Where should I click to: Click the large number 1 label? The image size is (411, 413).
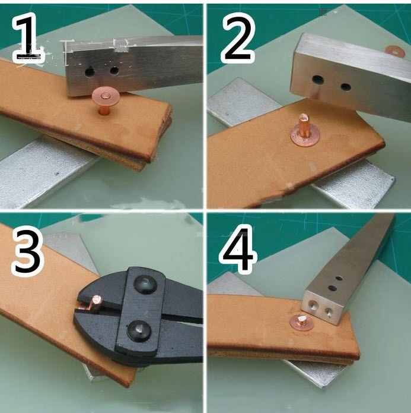[28, 37]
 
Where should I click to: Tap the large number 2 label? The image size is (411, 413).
[238, 37]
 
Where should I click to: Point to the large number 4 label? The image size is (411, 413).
[238, 249]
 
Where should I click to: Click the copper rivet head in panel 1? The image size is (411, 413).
[106, 96]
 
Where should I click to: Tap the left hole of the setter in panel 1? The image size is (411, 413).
[90, 72]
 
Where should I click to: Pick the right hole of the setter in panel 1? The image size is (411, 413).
[114, 71]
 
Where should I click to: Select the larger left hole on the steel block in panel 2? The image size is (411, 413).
[318, 79]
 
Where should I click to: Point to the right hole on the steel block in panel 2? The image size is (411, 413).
[346, 86]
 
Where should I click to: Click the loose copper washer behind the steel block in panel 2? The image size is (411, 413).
[394, 50]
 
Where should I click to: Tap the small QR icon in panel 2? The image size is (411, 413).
[323, 12]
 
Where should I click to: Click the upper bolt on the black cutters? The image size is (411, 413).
[145, 285]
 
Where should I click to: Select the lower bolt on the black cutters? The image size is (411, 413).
[139, 331]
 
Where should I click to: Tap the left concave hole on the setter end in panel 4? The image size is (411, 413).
[313, 305]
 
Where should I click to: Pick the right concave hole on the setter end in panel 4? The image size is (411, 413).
[328, 312]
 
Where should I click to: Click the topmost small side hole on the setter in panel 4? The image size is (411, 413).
[339, 278]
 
